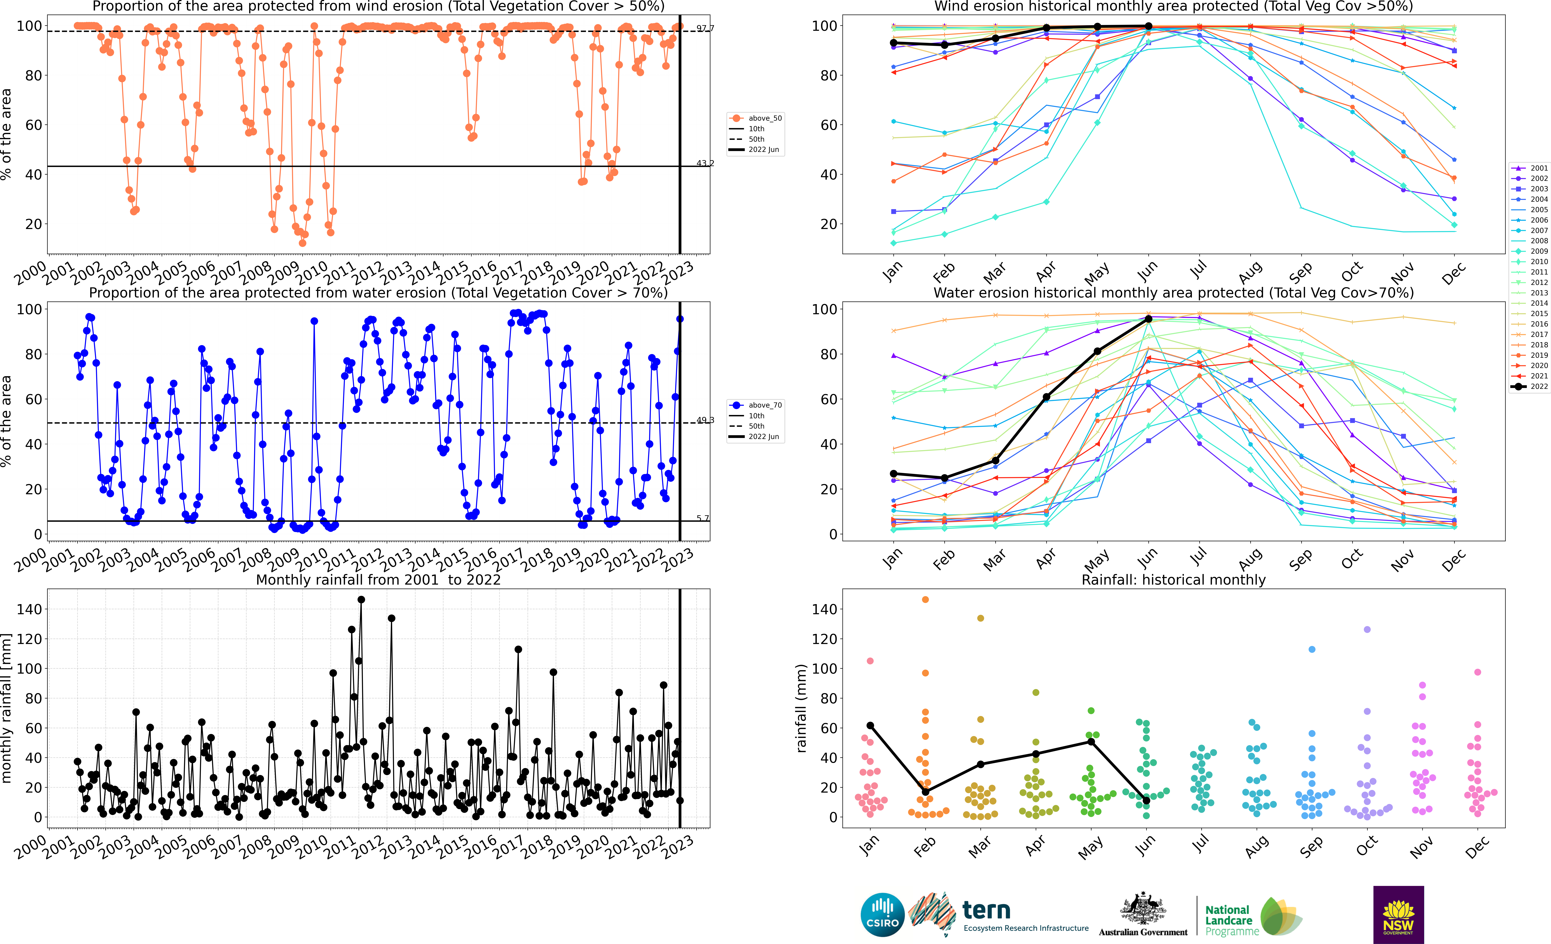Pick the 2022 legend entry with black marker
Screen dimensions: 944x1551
(1531, 386)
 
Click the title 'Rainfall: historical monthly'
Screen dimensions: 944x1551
(1173, 580)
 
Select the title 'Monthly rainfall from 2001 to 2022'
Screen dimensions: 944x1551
(378, 580)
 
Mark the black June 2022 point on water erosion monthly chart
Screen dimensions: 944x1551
(1148, 319)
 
